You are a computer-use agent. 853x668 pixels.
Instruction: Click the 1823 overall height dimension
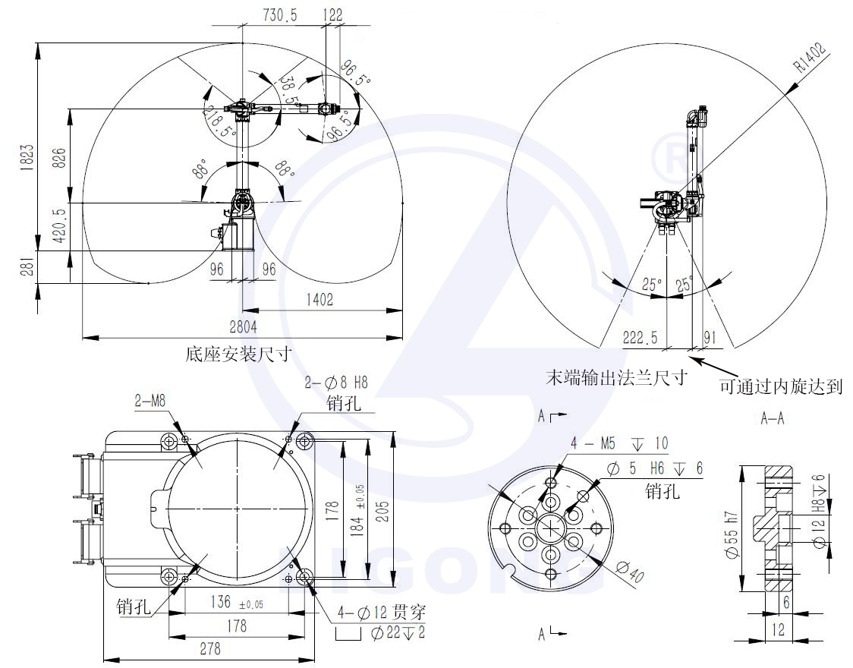(x=27, y=157)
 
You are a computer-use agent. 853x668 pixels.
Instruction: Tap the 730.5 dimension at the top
(x=280, y=14)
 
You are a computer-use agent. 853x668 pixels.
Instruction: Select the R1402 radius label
(x=810, y=57)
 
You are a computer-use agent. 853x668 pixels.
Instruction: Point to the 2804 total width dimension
(x=243, y=326)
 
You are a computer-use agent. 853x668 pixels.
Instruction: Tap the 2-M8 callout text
(x=150, y=401)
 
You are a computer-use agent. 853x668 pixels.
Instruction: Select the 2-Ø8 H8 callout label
(x=336, y=383)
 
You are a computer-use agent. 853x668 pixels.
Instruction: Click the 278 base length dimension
(x=210, y=648)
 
